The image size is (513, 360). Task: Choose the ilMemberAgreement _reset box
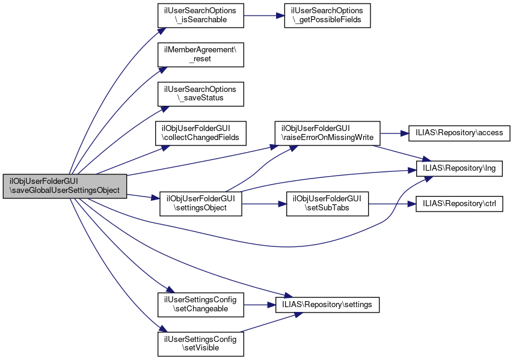(200, 54)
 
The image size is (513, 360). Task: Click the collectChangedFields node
(200, 132)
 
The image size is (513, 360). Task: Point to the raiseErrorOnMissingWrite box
(327, 132)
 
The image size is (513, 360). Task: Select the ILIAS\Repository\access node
(459, 132)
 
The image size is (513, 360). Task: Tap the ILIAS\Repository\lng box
(459, 168)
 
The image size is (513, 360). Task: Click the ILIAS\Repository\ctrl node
(459, 204)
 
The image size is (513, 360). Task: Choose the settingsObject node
(200, 204)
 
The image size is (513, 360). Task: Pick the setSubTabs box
(327, 204)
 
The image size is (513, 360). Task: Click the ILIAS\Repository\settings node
(327, 305)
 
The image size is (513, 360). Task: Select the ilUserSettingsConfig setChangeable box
(200, 305)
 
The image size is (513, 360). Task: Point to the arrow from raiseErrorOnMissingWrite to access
(393, 132)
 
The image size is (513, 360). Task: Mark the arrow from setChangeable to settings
(259, 305)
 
